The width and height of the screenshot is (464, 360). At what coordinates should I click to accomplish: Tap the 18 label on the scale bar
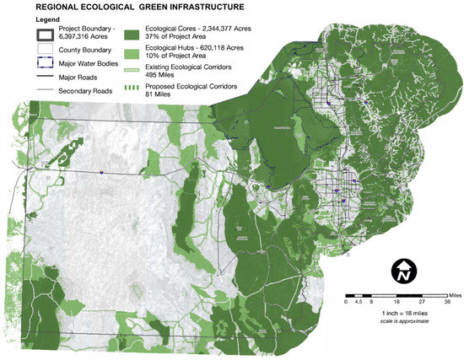pos(394,301)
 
